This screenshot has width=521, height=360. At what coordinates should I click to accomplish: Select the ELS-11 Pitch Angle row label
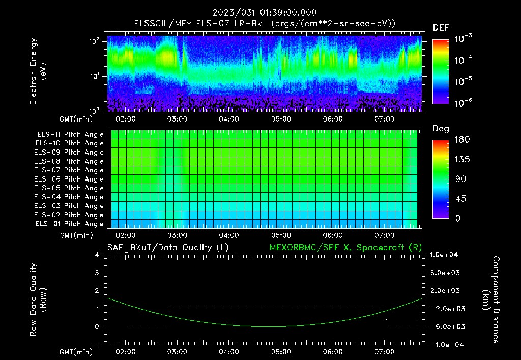pos(70,134)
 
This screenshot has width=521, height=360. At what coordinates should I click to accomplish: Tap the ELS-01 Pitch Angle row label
pos(70,224)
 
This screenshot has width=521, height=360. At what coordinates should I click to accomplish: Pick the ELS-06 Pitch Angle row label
pos(70,179)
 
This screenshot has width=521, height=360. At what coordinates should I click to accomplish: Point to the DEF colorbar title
pos(441,28)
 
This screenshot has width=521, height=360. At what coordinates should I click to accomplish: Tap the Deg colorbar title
pos(441,129)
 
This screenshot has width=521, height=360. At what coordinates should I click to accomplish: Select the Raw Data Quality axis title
pos(38,300)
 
